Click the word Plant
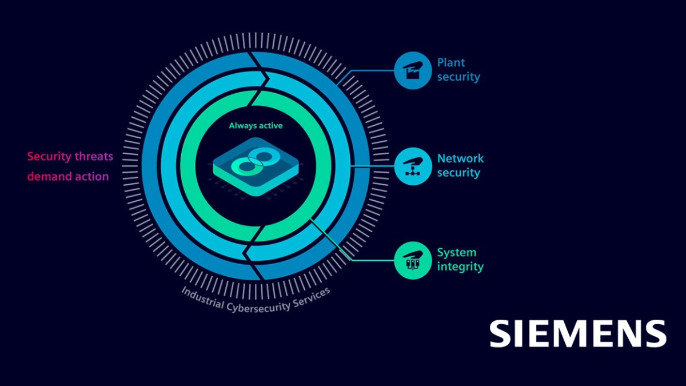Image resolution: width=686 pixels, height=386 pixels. [x=451, y=63]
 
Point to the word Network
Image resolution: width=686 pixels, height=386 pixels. [x=460, y=158]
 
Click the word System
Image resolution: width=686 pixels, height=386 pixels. [x=456, y=252]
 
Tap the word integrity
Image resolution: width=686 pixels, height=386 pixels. [x=460, y=266]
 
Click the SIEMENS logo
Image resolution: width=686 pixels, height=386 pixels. [x=577, y=333]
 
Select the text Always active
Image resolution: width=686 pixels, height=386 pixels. [x=256, y=125]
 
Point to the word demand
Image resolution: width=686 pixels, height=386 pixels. [x=48, y=176]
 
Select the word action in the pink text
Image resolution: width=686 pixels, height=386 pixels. [x=90, y=176]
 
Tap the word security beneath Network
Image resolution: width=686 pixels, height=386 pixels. [x=458, y=173]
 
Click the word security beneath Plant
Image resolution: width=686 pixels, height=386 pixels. [x=458, y=77]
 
